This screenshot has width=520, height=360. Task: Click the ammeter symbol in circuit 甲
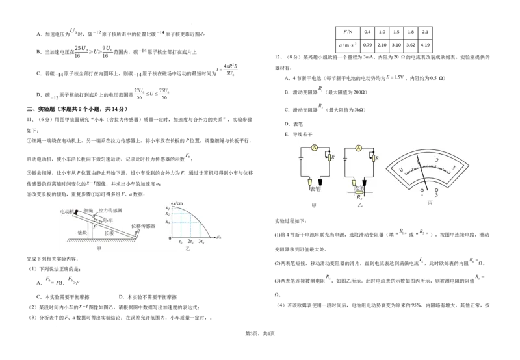pyautogui.click(x=314, y=149)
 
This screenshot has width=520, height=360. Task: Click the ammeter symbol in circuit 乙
pyautogui.click(x=358, y=149)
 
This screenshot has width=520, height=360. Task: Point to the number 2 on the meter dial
pyautogui.click(x=437, y=160)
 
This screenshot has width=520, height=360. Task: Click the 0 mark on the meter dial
pyautogui.click(x=401, y=170)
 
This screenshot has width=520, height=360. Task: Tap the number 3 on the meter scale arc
pyautogui.click(x=453, y=168)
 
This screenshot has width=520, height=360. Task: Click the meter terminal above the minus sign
pyautogui.click(x=422, y=190)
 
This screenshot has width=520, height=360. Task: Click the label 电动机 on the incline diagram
pyautogui.click(x=67, y=211)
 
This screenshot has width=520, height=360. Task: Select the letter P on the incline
pyautogui.click(x=93, y=227)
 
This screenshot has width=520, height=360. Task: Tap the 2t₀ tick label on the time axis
pyautogui.click(x=191, y=242)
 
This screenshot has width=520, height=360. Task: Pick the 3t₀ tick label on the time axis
pyautogui.click(x=201, y=242)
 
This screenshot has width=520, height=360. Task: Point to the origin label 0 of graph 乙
pyautogui.click(x=170, y=239)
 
